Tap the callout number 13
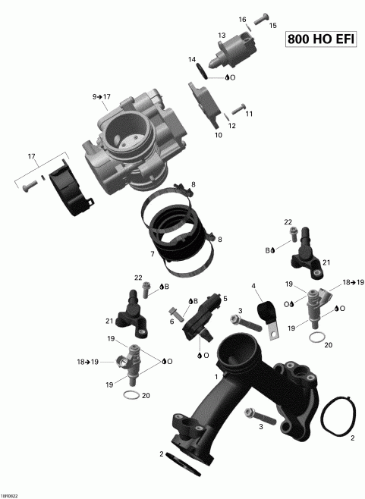pyautogui.click(x=222, y=36)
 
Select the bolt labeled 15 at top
pyautogui.click(x=260, y=16)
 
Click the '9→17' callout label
pyautogui.click(x=102, y=97)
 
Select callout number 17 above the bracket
pyautogui.click(x=31, y=156)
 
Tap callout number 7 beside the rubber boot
pyautogui.click(x=153, y=253)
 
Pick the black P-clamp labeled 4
pyautogui.click(x=267, y=312)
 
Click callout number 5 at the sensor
pyautogui.click(x=225, y=299)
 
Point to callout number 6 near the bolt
pyautogui.click(x=171, y=322)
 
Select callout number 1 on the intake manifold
pyautogui.click(x=217, y=376)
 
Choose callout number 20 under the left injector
pyautogui.click(x=146, y=396)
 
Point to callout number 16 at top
pyautogui.click(x=243, y=19)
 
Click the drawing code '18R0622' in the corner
pyautogui.click(x=11, y=494)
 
